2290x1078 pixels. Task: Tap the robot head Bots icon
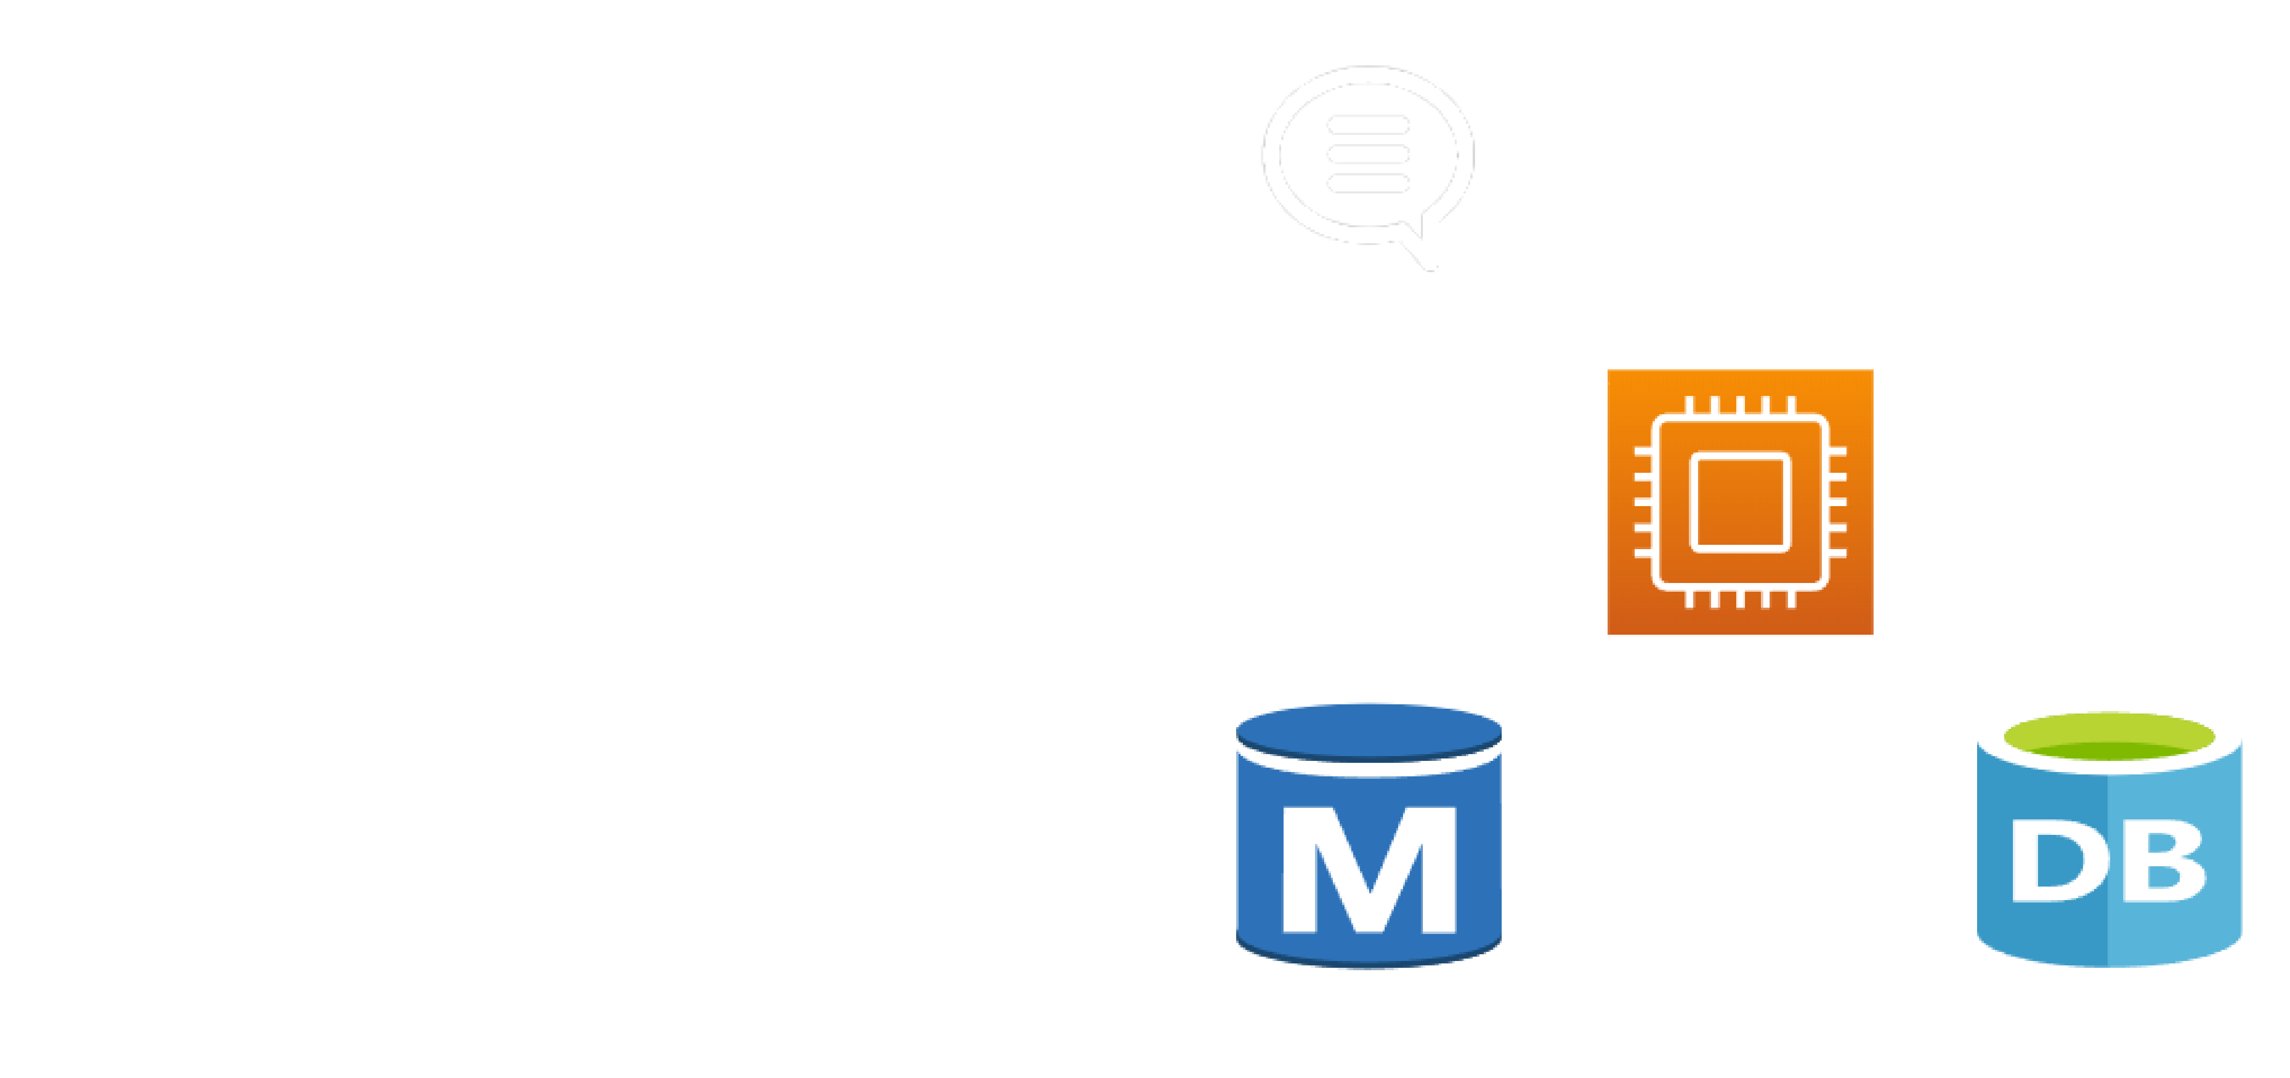[x=2111, y=187]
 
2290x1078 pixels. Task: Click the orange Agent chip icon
[x=1740, y=502]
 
